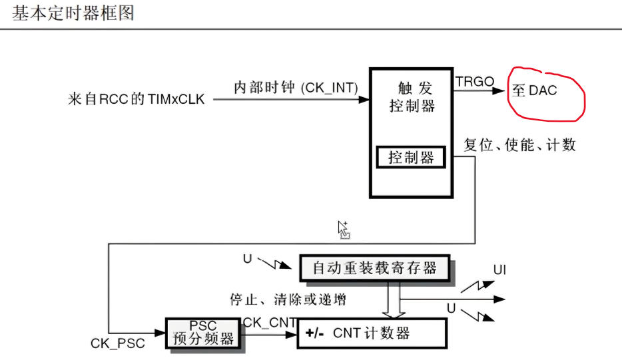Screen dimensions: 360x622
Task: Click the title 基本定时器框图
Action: [73, 13]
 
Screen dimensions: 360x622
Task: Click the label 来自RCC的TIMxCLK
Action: [137, 100]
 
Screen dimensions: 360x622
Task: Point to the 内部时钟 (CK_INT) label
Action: [296, 87]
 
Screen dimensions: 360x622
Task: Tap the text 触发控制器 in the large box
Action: [412, 96]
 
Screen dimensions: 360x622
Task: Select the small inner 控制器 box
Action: [411, 158]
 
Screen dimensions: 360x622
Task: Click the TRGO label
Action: [475, 81]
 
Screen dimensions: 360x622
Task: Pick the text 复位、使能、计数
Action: [519, 144]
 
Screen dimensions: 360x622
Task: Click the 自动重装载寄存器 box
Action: [374, 268]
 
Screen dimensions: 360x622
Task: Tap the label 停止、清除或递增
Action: [288, 299]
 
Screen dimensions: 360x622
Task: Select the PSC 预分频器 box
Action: [203, 333]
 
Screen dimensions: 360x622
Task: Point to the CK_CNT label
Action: [269, 322]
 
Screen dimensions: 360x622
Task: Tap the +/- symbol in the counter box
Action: [316, 333]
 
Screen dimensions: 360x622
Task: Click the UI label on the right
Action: [500, 270]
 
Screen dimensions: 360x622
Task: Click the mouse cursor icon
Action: [343, 229]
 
